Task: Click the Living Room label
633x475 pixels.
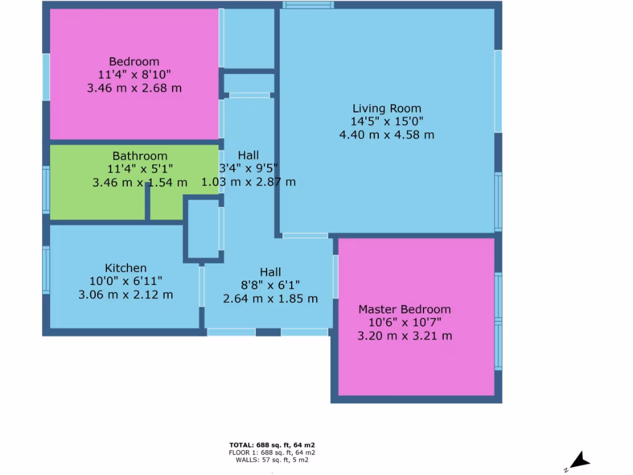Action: point(387,109)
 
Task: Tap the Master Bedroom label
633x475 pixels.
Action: point(405,309)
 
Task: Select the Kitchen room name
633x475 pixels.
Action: point(125,268)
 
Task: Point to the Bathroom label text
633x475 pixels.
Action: point(140,156)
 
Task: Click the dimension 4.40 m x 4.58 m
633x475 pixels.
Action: point(387,134)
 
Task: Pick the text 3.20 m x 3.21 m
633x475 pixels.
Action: point(405,336)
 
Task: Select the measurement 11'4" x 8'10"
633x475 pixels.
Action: point(134,75)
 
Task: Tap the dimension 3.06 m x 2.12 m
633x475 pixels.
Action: point(125,294)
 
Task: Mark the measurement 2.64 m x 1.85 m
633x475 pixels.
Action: point(270,299)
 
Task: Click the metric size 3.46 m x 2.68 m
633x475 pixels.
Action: point(134,88)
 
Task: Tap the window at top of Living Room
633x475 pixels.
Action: point(308,5)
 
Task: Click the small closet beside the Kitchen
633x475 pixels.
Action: point(203,228)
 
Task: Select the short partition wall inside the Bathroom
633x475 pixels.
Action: point(148,202)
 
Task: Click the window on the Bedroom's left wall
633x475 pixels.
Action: point(46,76)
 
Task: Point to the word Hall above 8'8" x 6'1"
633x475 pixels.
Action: point(270,272)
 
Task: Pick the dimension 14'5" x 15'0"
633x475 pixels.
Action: point(387,122)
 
